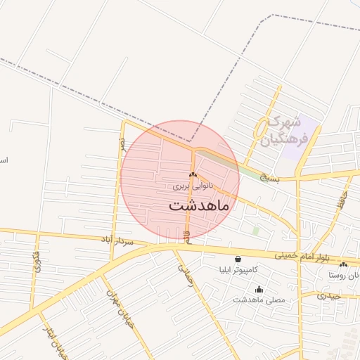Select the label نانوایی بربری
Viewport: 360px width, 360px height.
click(192, 187)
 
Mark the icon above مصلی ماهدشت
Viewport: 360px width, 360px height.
click(259, 288)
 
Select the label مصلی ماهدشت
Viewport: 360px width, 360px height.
click(259, 300)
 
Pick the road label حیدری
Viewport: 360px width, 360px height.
click(328, 295)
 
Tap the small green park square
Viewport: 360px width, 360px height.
click(256, 230)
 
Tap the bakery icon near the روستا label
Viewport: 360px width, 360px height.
click(343, 264)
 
